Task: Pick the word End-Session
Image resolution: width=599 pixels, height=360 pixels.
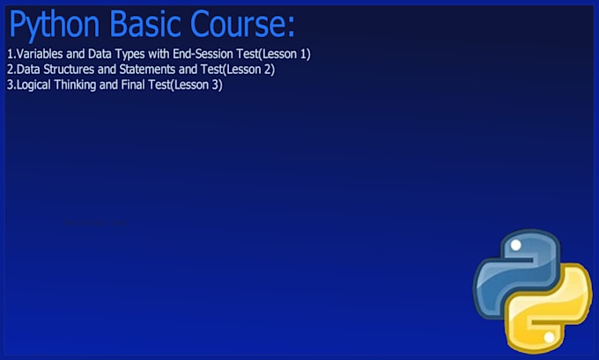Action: (x=203, y=54)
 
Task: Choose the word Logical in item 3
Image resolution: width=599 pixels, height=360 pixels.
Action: (x=36, y=85)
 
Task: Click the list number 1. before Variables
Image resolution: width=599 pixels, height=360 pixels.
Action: (x=11, y=54)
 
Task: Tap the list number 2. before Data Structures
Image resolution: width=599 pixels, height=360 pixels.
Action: (x=11, y=70)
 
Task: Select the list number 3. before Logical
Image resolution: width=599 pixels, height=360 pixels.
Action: (x=11, y=85)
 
